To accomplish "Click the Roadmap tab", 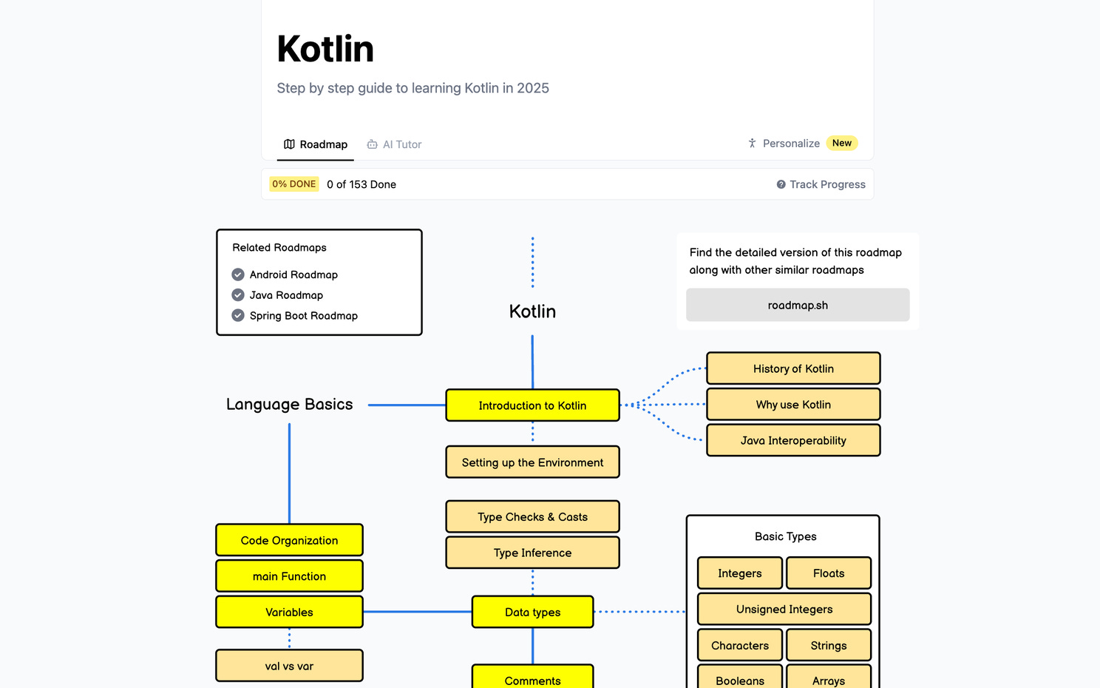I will [316, 144].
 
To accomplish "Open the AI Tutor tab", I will [395, 144].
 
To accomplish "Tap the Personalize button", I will [784, 144].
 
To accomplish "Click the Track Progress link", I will [821, 184].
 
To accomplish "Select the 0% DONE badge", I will [293, 184].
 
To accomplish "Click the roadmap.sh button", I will [798, 305].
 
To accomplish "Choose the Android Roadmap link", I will [293, 274].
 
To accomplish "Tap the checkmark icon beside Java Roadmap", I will [238, 295].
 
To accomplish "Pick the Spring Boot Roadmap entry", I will [303, 316].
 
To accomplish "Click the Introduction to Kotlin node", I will [532, 405].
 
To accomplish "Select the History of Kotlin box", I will [793, 368].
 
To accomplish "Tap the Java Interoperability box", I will [793, 440].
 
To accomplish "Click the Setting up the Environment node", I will [532, 462].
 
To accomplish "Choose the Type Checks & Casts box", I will [532, 517].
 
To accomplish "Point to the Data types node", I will [532, 612].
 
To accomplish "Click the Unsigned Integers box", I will [784, 609].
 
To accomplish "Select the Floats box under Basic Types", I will [828, 573].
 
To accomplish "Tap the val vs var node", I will [289, 666].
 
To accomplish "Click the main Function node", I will [289, 576].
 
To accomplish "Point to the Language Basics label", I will [289, 405].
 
